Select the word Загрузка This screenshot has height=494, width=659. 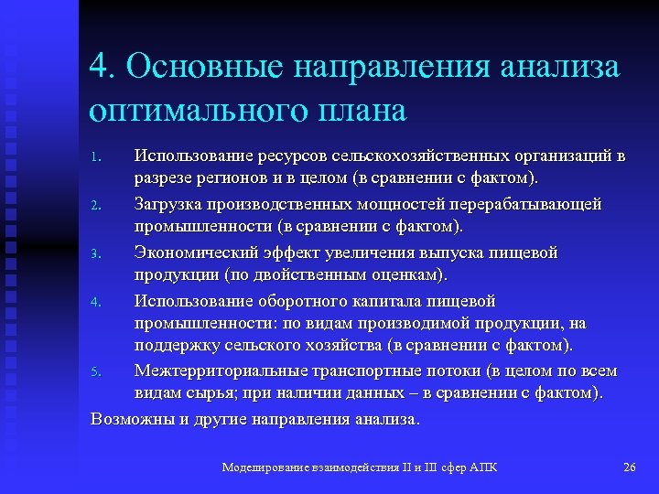[169, 203]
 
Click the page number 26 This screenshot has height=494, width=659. [629, 467]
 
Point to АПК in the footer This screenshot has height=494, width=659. [483, 467]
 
